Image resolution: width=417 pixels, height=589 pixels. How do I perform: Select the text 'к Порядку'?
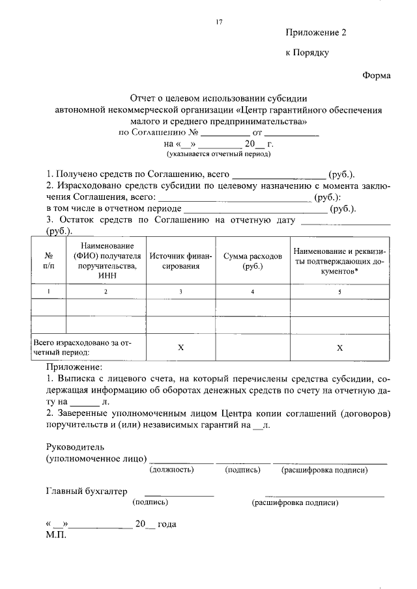coord(307,53)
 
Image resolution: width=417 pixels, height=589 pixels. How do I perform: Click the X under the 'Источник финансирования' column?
coord(181,347)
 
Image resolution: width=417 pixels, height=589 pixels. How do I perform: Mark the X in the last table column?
coord(339,347)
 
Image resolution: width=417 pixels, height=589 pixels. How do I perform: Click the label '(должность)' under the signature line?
coord(172,469)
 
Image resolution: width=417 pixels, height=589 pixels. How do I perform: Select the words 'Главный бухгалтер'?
coord(87,491)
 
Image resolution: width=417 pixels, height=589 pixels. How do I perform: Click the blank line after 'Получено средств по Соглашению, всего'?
coord(278,176)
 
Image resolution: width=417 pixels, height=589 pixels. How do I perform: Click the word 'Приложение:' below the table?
coord(74,368)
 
